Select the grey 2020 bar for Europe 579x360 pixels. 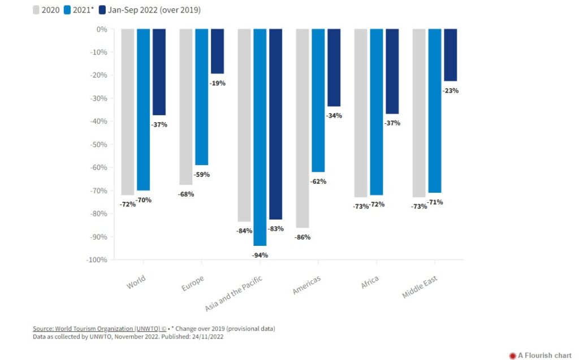pos(186,107)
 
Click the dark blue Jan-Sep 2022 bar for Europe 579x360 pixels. pos(217,51)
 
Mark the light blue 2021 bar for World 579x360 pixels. pos(143,110)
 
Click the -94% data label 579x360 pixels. pos(260,255)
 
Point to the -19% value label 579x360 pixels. pos(217,83)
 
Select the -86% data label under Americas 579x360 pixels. pos(303,237)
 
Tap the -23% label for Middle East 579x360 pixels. pos(450,90)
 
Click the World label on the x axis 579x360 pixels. pos(136,281)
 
